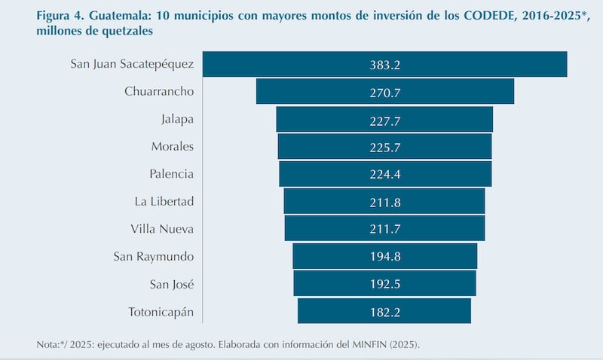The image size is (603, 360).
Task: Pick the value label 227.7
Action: pos(385,120)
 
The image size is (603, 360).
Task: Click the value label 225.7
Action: pos(385,147)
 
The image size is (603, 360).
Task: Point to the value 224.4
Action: pos(385,174)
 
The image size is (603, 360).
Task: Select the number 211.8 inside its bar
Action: pos(385,201)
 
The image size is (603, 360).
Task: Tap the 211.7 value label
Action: pos(385,228)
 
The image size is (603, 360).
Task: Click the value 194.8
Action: pos(385,256)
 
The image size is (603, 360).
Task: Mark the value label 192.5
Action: pos(385,283)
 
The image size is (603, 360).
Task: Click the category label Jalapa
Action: pos(177,119)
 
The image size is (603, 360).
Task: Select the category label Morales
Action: pos(172,146)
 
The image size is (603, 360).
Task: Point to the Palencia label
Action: pos(171,173)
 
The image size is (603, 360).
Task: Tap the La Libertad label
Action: pos(164,201)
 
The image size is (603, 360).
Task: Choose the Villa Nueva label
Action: pos(162,228)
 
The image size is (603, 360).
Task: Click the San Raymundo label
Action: pos(154,256)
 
